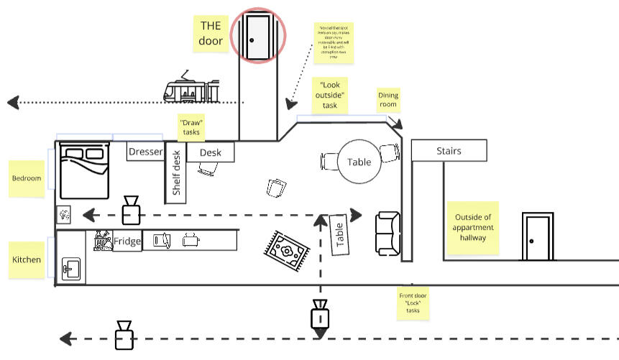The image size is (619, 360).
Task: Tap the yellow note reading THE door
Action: (212, 33)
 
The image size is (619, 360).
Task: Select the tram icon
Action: (192, 89)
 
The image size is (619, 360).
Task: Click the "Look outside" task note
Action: (329, 95)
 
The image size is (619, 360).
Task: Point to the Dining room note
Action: (388, 100)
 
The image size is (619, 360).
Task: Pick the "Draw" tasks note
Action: (192, 127)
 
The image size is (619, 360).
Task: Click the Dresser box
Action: (146, 152)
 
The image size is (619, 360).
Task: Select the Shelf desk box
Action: (176, 173)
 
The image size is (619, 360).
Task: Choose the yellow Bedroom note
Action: (27, 178)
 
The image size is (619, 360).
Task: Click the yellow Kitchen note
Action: (27, 259)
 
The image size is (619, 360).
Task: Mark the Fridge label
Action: (127, 241)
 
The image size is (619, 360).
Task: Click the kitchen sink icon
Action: (70, 269)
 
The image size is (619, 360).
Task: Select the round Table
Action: (359, 162)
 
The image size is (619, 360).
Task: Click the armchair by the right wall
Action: (388, 234)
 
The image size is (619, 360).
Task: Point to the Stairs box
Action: (449, 151)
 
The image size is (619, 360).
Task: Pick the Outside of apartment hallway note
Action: (472, 229)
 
